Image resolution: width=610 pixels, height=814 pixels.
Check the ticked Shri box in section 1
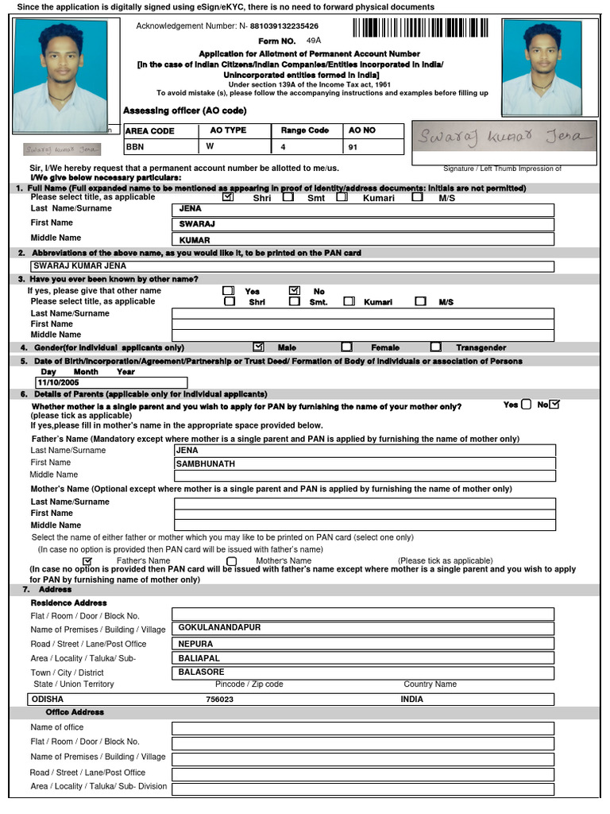click(x=229, y=197)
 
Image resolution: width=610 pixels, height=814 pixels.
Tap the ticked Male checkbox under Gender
click(x=258, y=347)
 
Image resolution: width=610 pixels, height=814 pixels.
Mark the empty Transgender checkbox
click(x=436, y=347)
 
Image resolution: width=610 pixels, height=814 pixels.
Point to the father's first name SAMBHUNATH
click(x=364, y=463)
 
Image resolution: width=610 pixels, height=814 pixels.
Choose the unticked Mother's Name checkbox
click(x=232, y=561)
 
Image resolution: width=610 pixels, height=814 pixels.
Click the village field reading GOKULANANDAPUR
click(x=362, y=628)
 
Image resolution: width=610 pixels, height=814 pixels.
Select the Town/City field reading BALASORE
click(x=362, y=673)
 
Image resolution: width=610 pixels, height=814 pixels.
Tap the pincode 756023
click(x=220, y=700)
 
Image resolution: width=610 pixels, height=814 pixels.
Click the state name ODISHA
click(x=47, y=700)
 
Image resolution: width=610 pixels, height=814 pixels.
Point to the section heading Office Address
click(x=75, y=712)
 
